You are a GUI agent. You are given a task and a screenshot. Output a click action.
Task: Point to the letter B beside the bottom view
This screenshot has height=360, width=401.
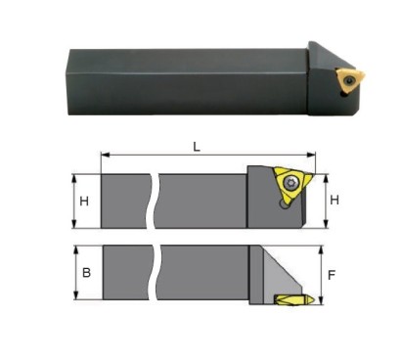86,271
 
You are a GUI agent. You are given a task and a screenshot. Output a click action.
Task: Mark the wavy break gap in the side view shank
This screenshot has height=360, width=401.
156,201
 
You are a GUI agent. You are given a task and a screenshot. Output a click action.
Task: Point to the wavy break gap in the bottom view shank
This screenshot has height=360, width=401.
156,273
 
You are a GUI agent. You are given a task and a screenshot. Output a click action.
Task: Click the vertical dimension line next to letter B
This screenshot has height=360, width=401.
74,272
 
